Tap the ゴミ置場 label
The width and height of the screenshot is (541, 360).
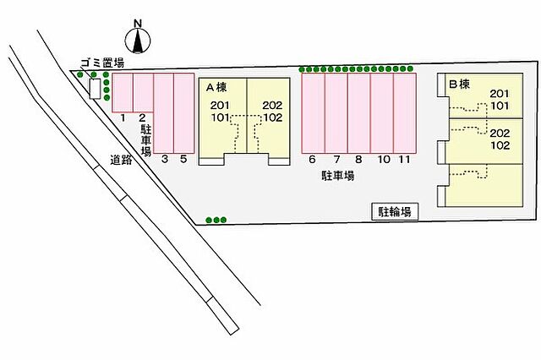(101, 63)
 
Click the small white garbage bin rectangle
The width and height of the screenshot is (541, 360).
(95, 89)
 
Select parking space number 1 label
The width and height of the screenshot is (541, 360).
(123, 118)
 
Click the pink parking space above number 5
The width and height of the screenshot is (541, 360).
(184, 113)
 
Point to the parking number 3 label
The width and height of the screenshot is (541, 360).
(165, 159)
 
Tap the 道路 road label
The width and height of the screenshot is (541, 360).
(121, 160)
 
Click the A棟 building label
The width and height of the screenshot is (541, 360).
(216, 88)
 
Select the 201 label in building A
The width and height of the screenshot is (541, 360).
(220, 105)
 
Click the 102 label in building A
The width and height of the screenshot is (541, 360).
(273, 117)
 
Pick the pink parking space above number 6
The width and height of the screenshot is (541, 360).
(314, 113)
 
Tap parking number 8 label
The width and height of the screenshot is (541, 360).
(358, 160)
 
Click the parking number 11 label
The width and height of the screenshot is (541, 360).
(404, 160)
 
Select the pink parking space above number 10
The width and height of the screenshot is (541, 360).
(382, 113)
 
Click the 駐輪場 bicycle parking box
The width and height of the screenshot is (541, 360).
(395, 212)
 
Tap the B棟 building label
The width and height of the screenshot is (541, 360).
(459, 85)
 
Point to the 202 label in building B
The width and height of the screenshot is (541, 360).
(500, 134)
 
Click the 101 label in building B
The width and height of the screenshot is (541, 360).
(500, 106)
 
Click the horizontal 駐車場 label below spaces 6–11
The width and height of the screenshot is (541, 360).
(338, 177)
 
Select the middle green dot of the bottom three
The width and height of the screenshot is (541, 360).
(216, 220)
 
